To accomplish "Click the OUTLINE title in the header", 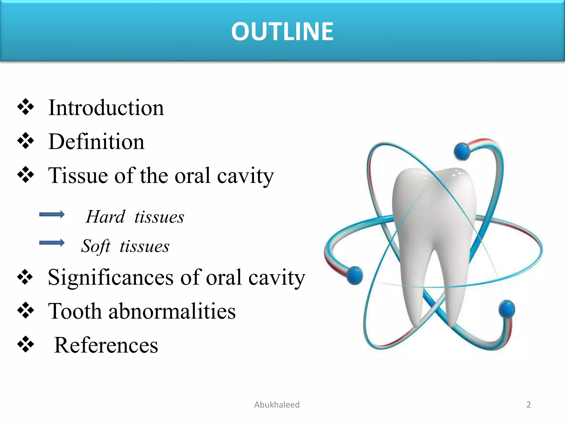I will (x=282, y=31).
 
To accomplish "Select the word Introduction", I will (x=106, y=108).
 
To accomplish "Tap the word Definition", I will (x=96, y=142).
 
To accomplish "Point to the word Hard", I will (x=106, y=217).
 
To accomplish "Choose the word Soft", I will (x=96, y=246).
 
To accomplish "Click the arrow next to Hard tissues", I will (x=52, y=214).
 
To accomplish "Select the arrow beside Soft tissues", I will (x=52, y=243).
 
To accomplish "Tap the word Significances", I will (x=111, y=277).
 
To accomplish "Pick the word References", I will (x=106, y=345).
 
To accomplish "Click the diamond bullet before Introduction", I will (x=26, y=107).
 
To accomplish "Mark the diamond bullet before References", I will (x=26, y=344).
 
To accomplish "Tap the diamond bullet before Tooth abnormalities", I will (x=26, y=310).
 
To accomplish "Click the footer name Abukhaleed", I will (x=277, y=405).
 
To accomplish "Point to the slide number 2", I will (x=528, y=405).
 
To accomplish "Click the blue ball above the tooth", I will (x=462, y=152).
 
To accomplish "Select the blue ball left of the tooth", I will (x=355, y=275).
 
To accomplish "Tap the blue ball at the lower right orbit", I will (x=507, y=309).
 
